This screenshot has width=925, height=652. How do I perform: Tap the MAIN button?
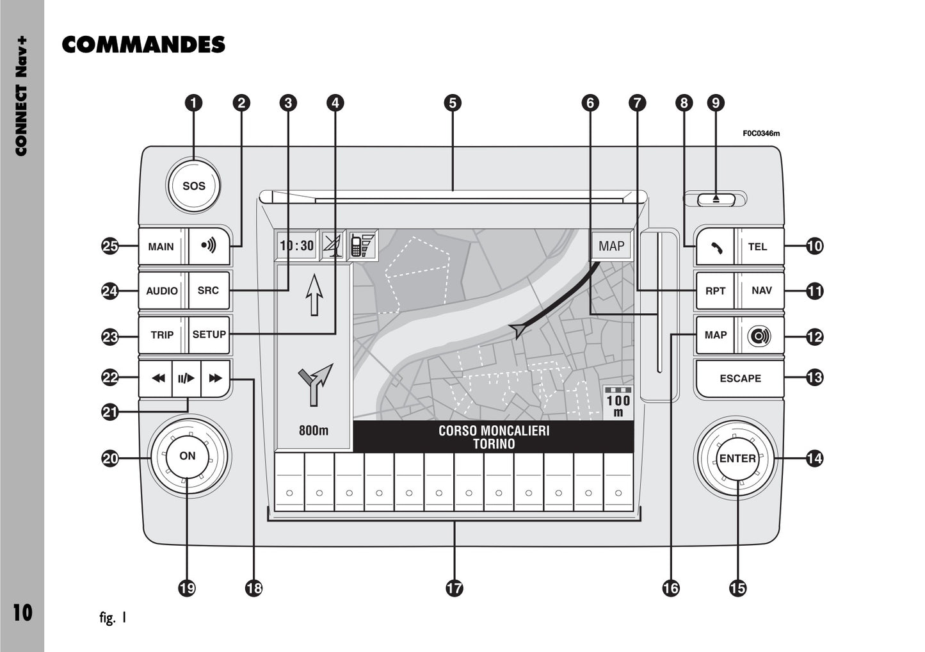click(x=161, y=247)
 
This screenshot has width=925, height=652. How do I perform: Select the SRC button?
click(x=208, y=290)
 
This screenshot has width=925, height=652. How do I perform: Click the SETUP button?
click(x=209, y=334)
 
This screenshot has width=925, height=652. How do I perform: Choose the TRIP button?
click(x=162, y=334)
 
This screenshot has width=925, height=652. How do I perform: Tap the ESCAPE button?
click(x=740, y=379)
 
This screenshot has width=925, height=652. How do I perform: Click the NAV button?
click(x=761, y=290)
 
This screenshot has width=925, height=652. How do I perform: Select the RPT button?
click(x=715, y=291)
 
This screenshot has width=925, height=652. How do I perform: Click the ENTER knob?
click(x=737, y=459)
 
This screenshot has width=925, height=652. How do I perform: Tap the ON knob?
click(x=188, y=456)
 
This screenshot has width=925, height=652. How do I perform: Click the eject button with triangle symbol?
click(x=716, y=199)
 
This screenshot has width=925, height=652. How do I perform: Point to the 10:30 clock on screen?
click(x=297, y=245)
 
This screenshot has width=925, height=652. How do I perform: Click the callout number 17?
click(x=454, y=587)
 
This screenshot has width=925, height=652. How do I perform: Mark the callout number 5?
click(x=453, y=102)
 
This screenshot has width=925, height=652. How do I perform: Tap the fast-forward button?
click(x=216, y=378)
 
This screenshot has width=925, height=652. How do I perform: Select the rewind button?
click(x=157, y=378)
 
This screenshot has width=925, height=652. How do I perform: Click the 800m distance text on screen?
click(x=314, y=430)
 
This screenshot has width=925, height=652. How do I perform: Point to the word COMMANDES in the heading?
click(x=143, y=45)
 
